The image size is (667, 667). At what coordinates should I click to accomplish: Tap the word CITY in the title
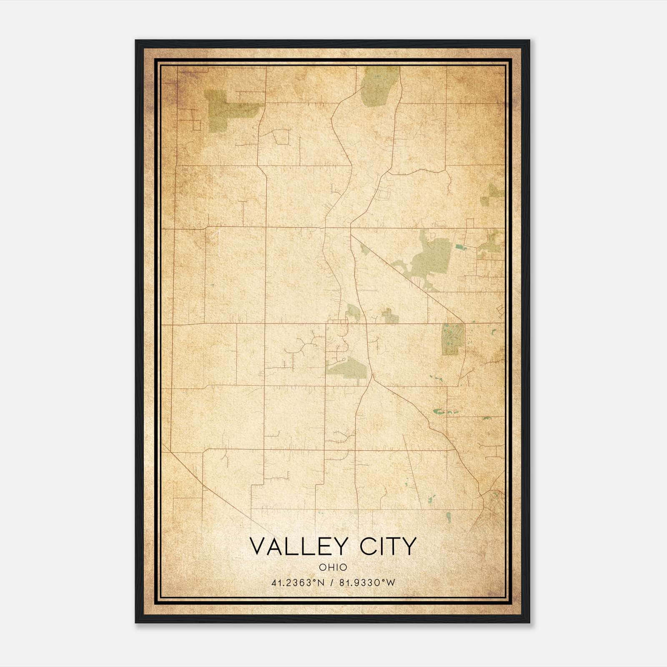(x=389, y=546)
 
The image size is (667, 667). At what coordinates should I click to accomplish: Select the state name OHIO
(x=333, y=567)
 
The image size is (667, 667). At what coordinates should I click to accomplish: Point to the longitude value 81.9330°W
(x=367, y=583)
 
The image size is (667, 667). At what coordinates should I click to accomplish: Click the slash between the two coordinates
(x=332, y=583)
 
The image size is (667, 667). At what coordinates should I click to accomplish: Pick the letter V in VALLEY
(x=258, y=546)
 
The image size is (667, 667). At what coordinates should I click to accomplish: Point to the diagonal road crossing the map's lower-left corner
(x=208, y=488)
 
